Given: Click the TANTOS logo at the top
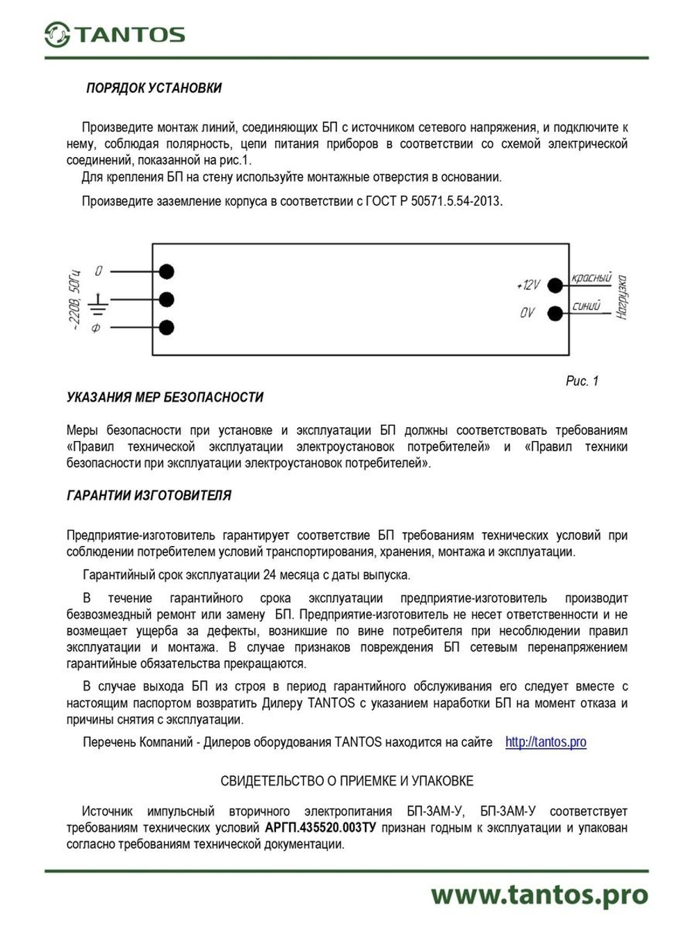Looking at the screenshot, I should pyautogui.click(x=115, y=34).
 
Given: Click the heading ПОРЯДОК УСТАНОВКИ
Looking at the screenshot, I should pyautogui.click(x=154, y=88).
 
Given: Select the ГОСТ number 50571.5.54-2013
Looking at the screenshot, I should pyautogui.click(x=455, y=201).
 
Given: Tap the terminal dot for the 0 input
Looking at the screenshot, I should pyautogui.click(x=166, y=272).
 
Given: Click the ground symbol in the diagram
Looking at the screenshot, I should pyautogui.click(x=99, y=300).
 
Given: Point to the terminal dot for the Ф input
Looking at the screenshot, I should pyautogui.click(x=166, y=327).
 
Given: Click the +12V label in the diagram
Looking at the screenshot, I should pyautogui.click(x=528, y=285).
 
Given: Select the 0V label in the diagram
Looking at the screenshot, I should pyautogui.click(x=528, y=313).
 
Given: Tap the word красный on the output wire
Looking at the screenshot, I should pyautogui.click(x=591, y=278).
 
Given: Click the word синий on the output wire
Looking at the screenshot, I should pyautogui.click(x=586, y=306).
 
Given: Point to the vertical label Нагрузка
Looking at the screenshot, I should pyautogui.click(x=622, y=297).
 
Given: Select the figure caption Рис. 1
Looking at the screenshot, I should pyautogui.click(x=582, y=381).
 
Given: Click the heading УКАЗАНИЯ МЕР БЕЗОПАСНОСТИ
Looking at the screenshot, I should pyautogui.click(x=165, y=397).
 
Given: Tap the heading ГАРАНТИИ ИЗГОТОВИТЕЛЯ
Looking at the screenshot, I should pyautogui.click(x=149, y=495).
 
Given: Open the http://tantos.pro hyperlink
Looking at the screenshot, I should pyautogui.click(x=546, y=742).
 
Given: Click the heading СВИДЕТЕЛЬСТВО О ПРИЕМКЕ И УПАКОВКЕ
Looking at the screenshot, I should pyautogui.click(x=347, y=781).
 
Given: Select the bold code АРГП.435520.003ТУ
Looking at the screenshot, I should pyautogui.click(x=320, y=828).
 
